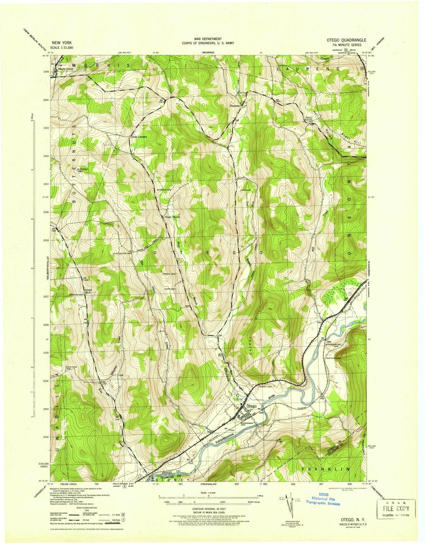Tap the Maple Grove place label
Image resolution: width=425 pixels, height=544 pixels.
click(x=66, y=69)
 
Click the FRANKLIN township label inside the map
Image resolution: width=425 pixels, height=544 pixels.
click(x=325, y=469)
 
